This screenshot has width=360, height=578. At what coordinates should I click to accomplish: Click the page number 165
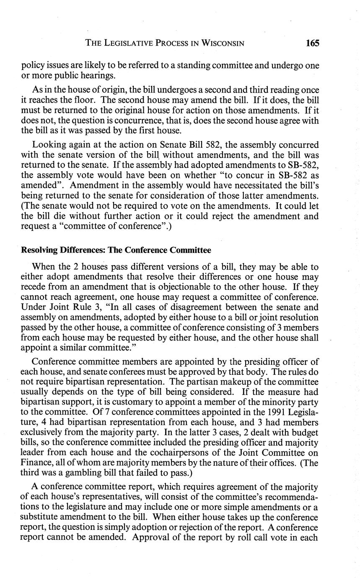click(x=312, y=43)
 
